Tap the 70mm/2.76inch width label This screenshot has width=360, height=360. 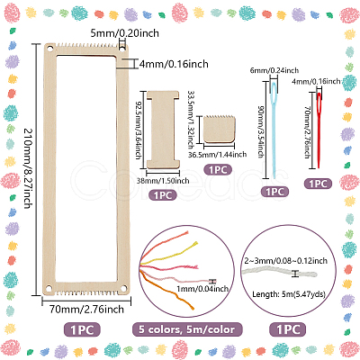(x=86, y=310)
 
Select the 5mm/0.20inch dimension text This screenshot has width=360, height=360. (x=125, y=33)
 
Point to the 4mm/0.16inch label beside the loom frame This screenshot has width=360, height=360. (x=174, y=64)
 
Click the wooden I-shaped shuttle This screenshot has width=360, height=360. (x=163, y=130)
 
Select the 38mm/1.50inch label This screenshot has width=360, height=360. (x=163, y=181)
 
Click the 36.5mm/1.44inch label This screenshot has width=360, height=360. (x=218, y=155)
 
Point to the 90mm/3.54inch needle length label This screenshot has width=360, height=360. (x=261, y=131)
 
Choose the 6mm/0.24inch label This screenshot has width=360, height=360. (x=274, y=70)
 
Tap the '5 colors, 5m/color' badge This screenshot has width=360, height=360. (x=187, y=329)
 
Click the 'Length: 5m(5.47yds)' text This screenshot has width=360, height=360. (x=289, y=294)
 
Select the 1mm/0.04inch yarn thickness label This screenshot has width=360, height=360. (x=202, y=289)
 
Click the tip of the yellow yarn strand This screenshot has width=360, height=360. (x=197, y=242)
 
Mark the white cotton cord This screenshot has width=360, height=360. (x=280, y=272)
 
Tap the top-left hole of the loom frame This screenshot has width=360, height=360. (x=49, y=49)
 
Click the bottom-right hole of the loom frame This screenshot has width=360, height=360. (x=123, y=289)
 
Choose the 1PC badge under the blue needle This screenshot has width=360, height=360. (x=274, y=192)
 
